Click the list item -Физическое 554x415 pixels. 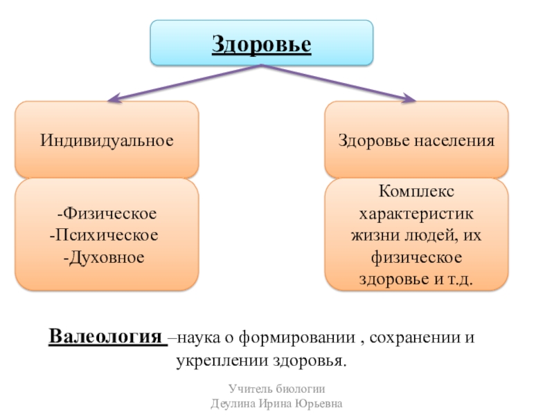(107, 211)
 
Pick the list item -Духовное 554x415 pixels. (107, 258)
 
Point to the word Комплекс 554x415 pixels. (416, 189)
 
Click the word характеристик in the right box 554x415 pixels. (416, 212)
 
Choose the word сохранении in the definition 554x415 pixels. (415, 339)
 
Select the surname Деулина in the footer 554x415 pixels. (233, 403)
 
